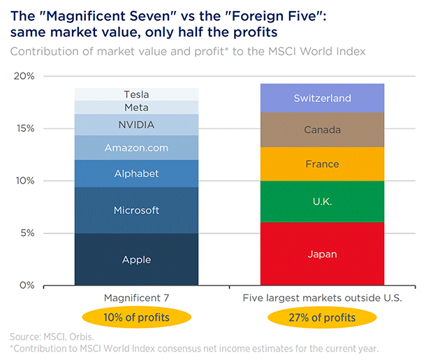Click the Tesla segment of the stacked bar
coord(136,94)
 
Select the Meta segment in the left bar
coord(136,107)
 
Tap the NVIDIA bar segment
coord(136,125)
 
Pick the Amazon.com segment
coord(136,148)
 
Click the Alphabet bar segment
coord(136,174)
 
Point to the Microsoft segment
coord(136,210)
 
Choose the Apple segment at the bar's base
coord(136,260)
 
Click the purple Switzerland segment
coord(322,98)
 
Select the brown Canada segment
coord(322,130)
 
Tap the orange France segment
coord(322,164)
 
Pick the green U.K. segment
coord(322,202)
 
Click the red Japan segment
coord(322,254)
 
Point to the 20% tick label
coord(24,76)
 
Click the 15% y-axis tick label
coord(24,128)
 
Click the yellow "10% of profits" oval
coord(136,318)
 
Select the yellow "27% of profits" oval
coord(322,318)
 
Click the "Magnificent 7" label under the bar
coord(136,298)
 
